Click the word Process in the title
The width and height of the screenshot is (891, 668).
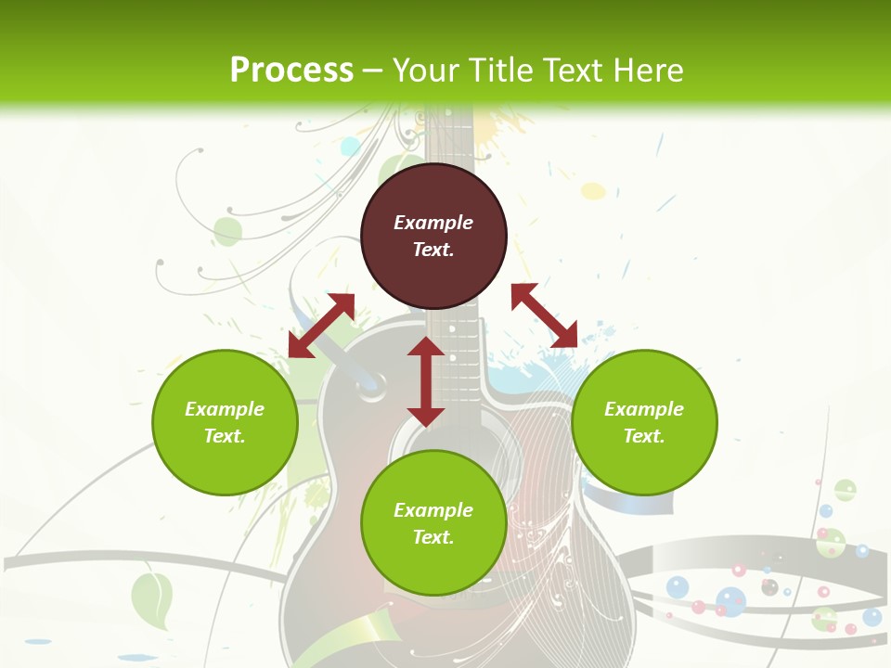291,70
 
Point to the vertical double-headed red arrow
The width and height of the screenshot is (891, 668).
426,381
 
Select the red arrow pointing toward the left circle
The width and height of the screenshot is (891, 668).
321,326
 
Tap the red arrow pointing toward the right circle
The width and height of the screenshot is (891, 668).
544,315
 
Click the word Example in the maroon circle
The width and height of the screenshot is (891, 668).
433,223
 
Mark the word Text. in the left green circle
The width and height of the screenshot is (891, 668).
225,436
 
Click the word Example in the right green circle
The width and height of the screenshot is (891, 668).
644,409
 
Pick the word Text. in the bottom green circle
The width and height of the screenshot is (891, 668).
433,537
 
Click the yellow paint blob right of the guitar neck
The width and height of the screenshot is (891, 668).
593,191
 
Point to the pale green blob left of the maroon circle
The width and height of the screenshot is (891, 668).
227,230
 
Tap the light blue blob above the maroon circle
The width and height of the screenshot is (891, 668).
350,146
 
